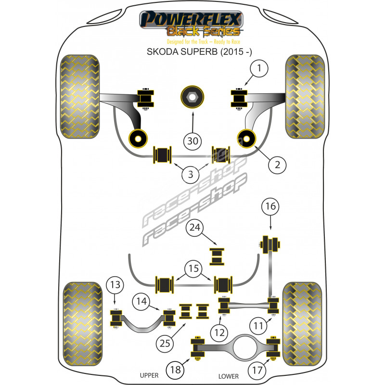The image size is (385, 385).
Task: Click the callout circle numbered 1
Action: [x=260, y=69]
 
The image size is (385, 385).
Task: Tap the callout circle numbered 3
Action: [x=191, y=175]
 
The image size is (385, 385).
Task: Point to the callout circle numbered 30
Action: [x=192, y=141]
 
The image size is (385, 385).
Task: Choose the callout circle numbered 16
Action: [x=270, y=207]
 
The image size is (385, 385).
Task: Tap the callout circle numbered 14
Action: [x=140, y=302]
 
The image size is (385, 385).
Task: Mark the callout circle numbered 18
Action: [x=175, y=370]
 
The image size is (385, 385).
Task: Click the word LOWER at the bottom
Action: [x=229, y=375]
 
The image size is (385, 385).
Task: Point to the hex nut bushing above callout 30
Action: [x=192, y=97]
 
